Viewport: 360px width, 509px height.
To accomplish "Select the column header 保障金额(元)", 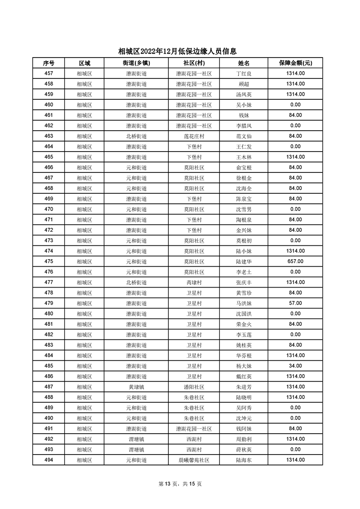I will (295, 63).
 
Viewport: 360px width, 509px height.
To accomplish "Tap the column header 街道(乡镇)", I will (136, 63).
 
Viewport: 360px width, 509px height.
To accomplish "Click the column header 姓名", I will (244, 63).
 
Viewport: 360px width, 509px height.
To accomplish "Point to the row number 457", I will (49, 73).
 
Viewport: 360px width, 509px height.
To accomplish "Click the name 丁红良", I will (244, 73).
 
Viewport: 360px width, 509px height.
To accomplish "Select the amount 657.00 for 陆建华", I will (295, 261).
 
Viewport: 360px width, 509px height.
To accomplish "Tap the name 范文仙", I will (244, 136).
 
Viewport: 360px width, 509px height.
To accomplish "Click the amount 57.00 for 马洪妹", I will (295, 303).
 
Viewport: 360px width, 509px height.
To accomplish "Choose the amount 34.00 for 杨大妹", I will (295, 366).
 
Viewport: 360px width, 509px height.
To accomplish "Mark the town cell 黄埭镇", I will (136, 387).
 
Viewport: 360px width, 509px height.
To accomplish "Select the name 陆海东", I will (244, 460).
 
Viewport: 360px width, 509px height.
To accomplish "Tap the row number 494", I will (49, 460).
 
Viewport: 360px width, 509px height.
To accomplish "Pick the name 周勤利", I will (244, 439).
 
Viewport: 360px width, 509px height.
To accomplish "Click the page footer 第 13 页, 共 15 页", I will (180, 484).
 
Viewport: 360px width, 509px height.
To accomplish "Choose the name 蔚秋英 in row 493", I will (244, 450).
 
